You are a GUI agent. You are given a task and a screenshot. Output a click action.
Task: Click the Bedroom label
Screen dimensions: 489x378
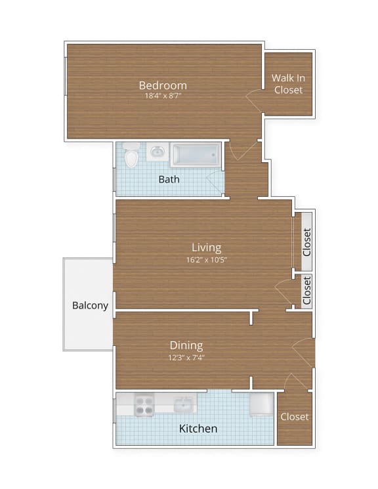[x=163, y=85]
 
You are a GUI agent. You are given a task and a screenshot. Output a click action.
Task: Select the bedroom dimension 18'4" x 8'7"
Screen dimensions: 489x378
[x=163, y=96]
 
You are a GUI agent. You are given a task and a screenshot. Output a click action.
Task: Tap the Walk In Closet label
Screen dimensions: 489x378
[x=288, y=83]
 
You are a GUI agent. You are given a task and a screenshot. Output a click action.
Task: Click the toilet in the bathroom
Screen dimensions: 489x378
[x=131, y=156]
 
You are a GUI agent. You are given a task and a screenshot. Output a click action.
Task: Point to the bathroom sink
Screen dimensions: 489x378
[x=157, y=152]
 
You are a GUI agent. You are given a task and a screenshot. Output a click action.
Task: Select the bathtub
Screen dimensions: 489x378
[x=195, y=155]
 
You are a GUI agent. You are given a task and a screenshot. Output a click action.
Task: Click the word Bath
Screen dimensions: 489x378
[x=169, y=179]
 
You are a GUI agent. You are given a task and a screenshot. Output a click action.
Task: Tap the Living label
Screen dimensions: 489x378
[x=206, y=247]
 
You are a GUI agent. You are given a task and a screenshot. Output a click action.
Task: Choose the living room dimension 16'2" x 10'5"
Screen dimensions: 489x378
[x=206, y=259]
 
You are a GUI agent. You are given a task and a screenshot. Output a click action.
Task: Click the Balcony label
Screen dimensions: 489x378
[x=90, y=305]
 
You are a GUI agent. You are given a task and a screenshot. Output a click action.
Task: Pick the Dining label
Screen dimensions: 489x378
[x=186, y=345]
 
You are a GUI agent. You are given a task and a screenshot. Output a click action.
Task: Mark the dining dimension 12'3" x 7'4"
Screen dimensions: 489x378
[x=186, y=357]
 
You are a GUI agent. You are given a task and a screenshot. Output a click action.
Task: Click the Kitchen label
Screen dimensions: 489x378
[x=198, y=429]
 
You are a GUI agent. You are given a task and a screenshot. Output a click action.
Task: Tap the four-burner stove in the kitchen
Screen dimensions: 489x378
[x=144, y=404]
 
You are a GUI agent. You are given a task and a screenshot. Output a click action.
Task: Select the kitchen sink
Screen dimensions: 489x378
[x=184, y=404]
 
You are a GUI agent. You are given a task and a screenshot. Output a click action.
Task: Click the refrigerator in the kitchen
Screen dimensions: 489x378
[x=262, y=404]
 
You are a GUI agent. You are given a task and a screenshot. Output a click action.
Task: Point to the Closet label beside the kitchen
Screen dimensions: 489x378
[x=294, y=417]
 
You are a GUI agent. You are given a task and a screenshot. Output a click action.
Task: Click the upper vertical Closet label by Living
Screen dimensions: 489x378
[x=306, y=242]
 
